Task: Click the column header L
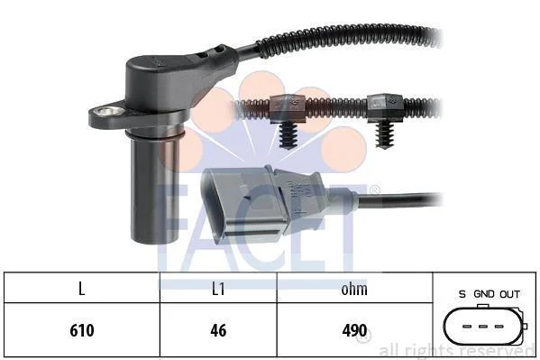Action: pyautogui.click(x=82, y=289)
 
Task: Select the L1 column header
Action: pyautogui.click(x=218, y=289)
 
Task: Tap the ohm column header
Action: pyautogui.click(x=354, y=289)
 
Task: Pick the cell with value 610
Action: pyautogui.click(x=82, y=330)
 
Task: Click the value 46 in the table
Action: pyautogui.click(x=218, y=330)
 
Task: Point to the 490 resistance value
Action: pyautogui.click(x=354, y=330)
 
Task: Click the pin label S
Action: pyautogui.click(x=462, y=294)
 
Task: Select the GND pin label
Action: pyautogui.click(x=484, y=294)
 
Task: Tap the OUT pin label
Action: pyautogui.click(x=510, y=294)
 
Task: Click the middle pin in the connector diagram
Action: pyautogui.click(x=483, y=327)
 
